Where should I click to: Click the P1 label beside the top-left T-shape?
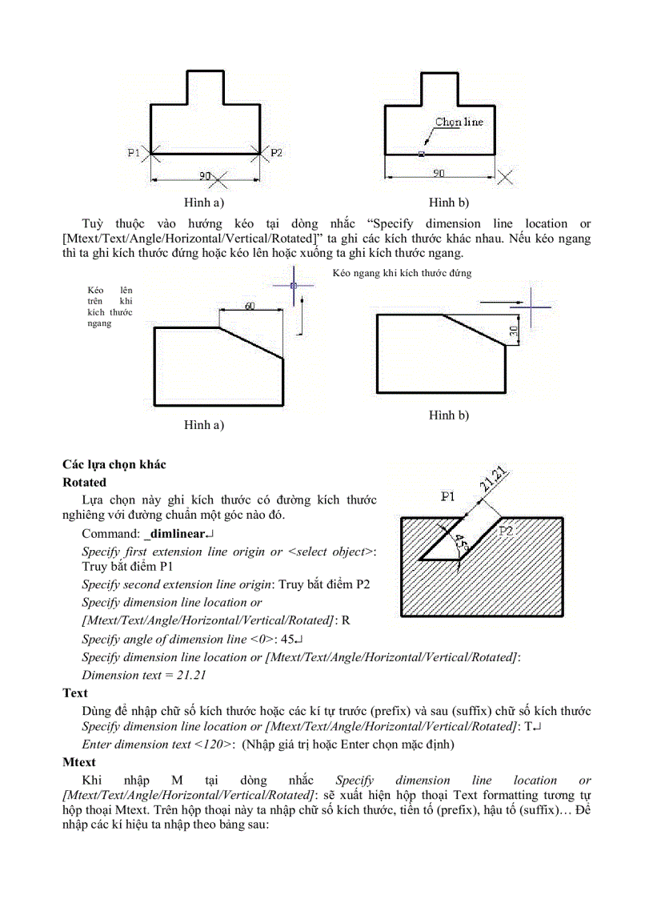pos(134,153)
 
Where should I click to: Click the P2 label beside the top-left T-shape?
pos(275,153)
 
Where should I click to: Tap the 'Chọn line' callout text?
pos(459,122)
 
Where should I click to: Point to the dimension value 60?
pos(250,306)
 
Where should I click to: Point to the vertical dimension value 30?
pos(515,330)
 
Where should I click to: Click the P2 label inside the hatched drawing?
pos(507,531)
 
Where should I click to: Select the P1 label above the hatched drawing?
pos(448,497)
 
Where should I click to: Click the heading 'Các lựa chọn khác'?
pos(114,464)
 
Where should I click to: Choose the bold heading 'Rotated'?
pos(84,483)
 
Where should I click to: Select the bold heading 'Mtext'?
pos(79,762)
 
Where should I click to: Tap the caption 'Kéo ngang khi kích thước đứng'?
pos(402,273)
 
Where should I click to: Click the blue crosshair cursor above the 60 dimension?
pos(294,285)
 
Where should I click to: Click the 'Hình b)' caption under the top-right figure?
pos(449,203)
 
